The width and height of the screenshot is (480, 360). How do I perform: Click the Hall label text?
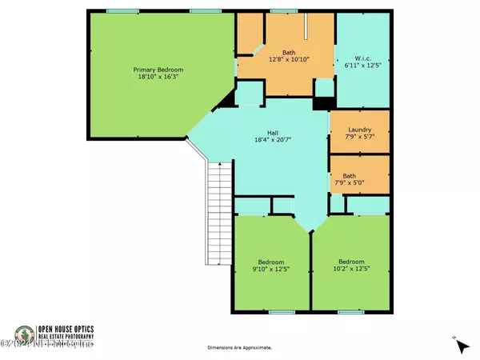(272, 133)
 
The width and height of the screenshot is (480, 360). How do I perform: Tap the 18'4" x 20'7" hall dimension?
(272, 142)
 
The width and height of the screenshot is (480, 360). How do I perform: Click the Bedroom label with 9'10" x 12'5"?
(270, 261)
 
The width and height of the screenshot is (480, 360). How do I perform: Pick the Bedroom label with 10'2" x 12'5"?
(352, 261)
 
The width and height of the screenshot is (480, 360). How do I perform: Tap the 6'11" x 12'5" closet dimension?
(362, 66)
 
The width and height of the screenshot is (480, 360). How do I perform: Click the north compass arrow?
(460, 345)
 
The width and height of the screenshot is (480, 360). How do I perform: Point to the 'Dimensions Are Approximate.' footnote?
(239, 348)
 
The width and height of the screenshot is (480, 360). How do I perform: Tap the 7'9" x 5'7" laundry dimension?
(360, 136)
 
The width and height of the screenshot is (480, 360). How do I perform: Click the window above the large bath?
(280, 12)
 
